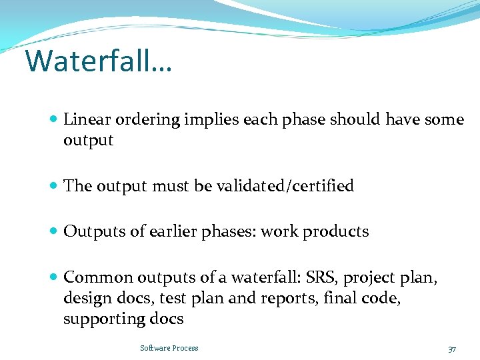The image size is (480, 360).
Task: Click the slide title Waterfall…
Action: (x=98, y=61)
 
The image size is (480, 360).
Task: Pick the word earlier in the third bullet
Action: (x=170, y=231)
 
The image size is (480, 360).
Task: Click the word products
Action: (x=336, y=231)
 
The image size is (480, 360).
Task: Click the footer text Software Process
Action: (x=169, y=348)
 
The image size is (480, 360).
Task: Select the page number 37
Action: (x=452, y=349)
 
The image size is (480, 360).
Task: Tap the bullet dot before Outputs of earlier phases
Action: (x=53, y=232)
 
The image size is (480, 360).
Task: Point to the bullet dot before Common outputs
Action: (x=53, y=277)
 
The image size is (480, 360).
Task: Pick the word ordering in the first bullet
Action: (x=147, y=121)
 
